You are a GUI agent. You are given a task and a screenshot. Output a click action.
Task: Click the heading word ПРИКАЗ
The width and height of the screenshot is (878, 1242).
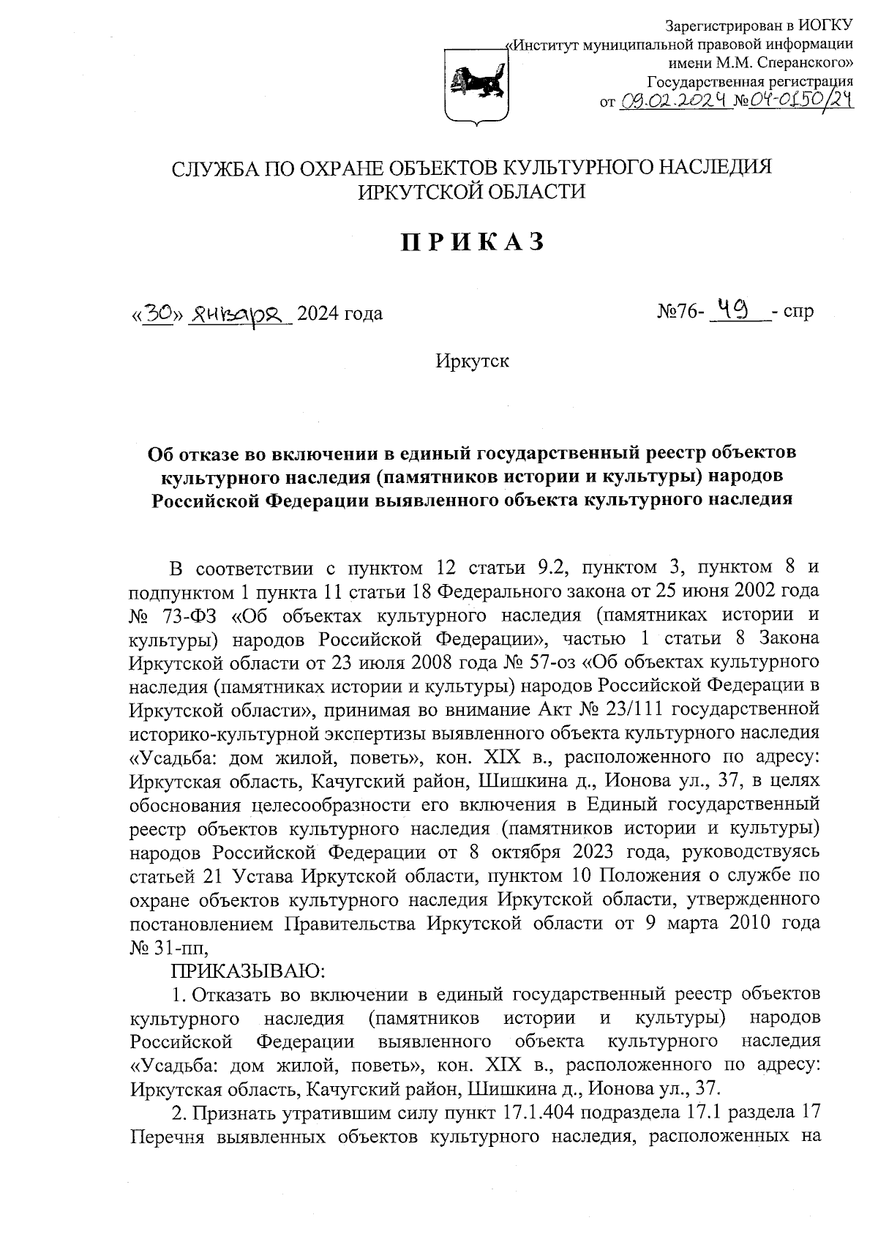[472, 242]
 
